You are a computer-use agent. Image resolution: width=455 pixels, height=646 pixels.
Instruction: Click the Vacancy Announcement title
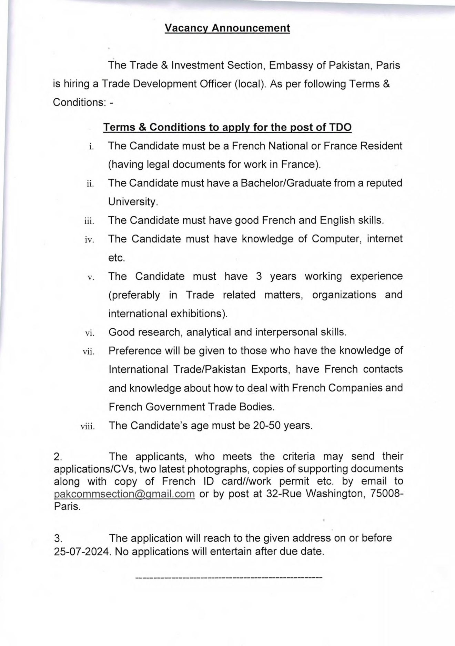click(x=227, y=28)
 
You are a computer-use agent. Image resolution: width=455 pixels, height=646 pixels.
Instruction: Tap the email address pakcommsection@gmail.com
click(x=124, y=494)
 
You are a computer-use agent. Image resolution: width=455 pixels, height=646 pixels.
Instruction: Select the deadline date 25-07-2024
click(x=82, y=551)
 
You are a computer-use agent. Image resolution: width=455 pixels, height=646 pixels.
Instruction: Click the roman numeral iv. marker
click(x=89, y=240)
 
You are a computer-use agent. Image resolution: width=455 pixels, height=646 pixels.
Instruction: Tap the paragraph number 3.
click(x=58, y=538)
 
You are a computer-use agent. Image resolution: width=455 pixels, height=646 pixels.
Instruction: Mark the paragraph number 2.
click(x=58, y=457)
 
